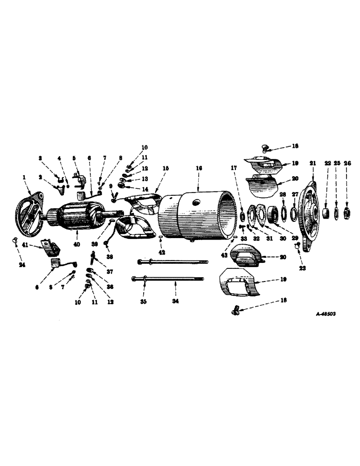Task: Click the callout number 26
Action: click(347, 163)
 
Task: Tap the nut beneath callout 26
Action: click(347, 213)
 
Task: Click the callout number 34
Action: click(175, 302)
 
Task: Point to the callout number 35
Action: click(144, 302)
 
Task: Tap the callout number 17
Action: click(235, 168)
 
